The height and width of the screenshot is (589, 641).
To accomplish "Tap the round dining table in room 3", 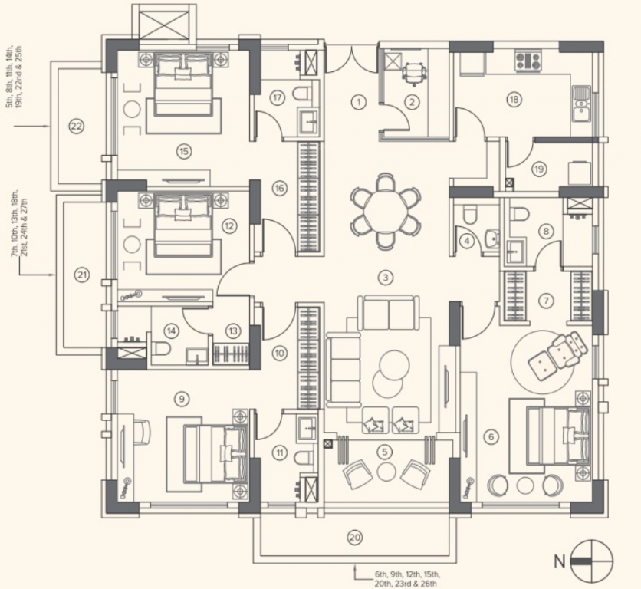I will click(386, 207).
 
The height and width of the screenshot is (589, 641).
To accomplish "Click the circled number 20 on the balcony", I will click(353, 538).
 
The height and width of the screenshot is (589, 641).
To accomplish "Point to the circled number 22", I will click(75, 126).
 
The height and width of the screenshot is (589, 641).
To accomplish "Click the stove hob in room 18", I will click(528, 61).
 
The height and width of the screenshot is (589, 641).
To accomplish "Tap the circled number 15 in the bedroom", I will click(182, 151).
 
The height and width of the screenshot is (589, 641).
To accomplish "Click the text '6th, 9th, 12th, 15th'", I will click(407, 574).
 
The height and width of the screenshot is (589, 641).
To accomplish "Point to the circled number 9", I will click(181, 397).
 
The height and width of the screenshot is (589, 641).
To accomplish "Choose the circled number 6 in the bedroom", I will click(491, 437).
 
